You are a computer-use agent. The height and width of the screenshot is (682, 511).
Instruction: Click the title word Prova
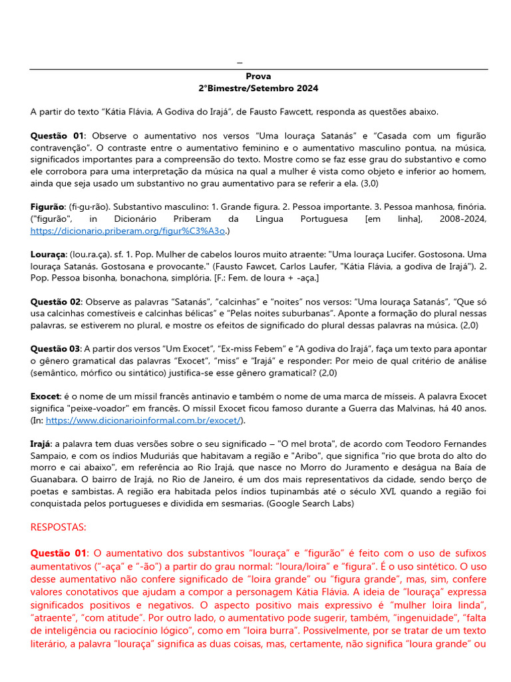coord(258,77)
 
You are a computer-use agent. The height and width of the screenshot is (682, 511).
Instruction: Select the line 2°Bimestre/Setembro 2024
coord(258,88)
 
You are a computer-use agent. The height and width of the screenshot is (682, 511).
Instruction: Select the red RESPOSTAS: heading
coord(59,527)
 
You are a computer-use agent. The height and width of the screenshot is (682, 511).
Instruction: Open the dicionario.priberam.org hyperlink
coord(128,230)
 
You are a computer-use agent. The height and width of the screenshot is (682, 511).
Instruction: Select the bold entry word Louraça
coord(48,254)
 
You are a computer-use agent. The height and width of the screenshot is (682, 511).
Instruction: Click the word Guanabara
coord(55,480)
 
